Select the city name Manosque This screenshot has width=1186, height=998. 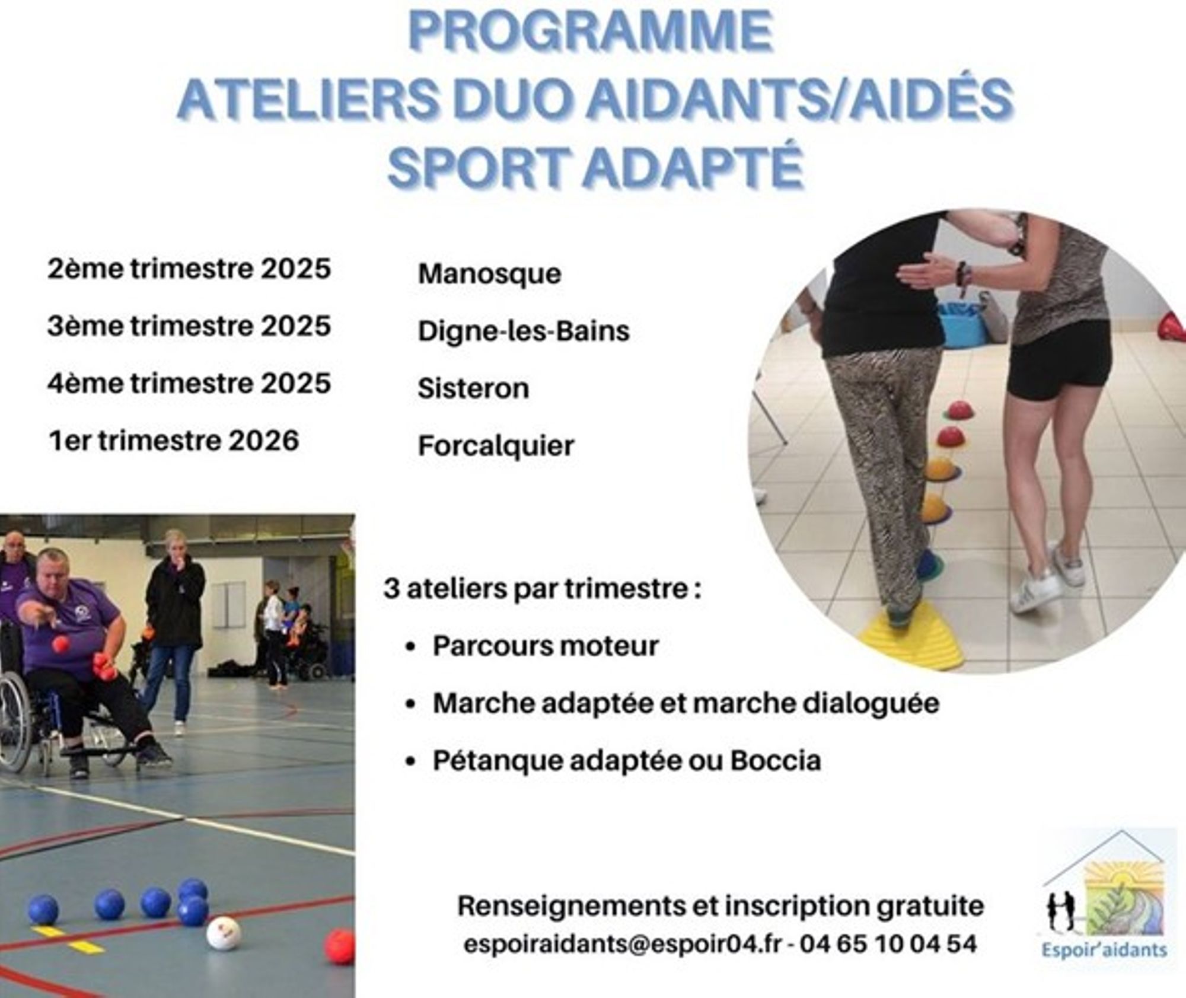(x=489, y=275)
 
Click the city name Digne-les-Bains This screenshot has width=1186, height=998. (x=524, y=331)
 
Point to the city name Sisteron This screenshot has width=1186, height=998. (x=473, y=388)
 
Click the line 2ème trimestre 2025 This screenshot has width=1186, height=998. (x=189, y=269)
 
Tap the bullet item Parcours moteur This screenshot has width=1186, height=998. (x=546, y=646)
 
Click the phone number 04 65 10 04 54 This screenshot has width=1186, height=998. (x=888, y=943)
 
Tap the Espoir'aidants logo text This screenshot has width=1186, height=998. (x=1104, y=950)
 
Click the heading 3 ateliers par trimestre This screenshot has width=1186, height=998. (x=543, y=589)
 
